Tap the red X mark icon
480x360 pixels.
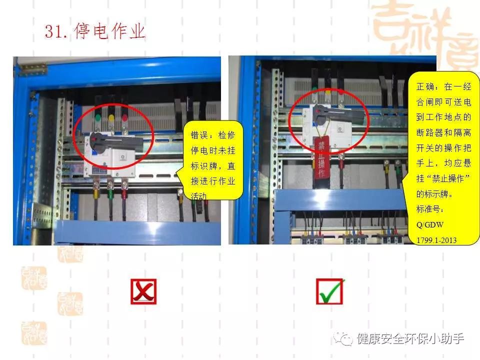(x=143, y=291)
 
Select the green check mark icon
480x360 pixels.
(x=329, y=291)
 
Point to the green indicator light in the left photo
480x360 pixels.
(x=97, y=119)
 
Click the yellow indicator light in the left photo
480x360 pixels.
(x=111, y=119)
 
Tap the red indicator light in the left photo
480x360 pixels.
(x=124, y=119)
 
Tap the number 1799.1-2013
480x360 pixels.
(x=436, y=240)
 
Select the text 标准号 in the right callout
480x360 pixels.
(x=428, y=207)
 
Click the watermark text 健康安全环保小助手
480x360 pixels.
(x=410, y=338)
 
